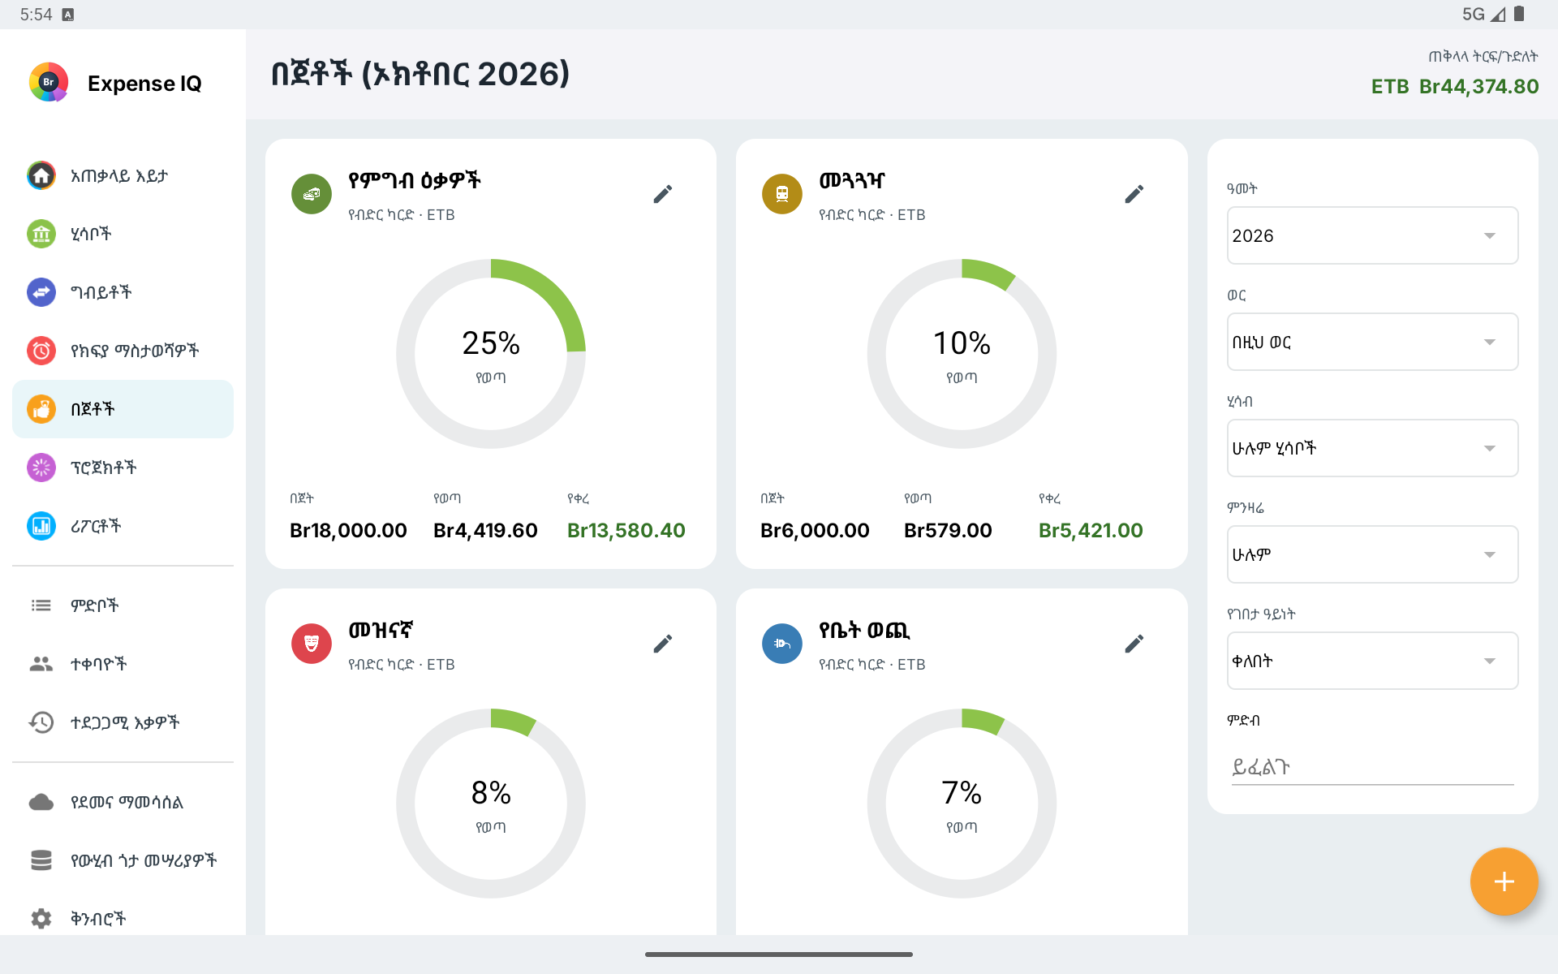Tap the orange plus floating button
tap(1504, 881)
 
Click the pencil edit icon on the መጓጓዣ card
tap(1134, 194)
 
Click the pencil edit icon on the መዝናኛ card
tap(663, 644)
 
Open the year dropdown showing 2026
tap(1372, 235)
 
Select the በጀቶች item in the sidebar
tap(123, 409)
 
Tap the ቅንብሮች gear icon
tap(41, 918)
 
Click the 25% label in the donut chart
tap(491, 343)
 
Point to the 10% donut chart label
tap(962, 343)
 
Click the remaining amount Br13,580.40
tap(626, 530)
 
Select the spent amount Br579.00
tap(948, 530)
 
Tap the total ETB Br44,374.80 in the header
tap(1455, 86)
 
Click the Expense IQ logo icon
tap(49, 82)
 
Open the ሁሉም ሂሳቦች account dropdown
tap(1372, 448)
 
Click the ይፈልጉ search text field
tap(1372, 767)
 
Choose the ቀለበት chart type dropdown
tap(1372, 661)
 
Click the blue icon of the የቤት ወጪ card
tap(782, 644)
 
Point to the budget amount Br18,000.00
tap(348, 530)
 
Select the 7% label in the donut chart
tap(962, 793)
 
